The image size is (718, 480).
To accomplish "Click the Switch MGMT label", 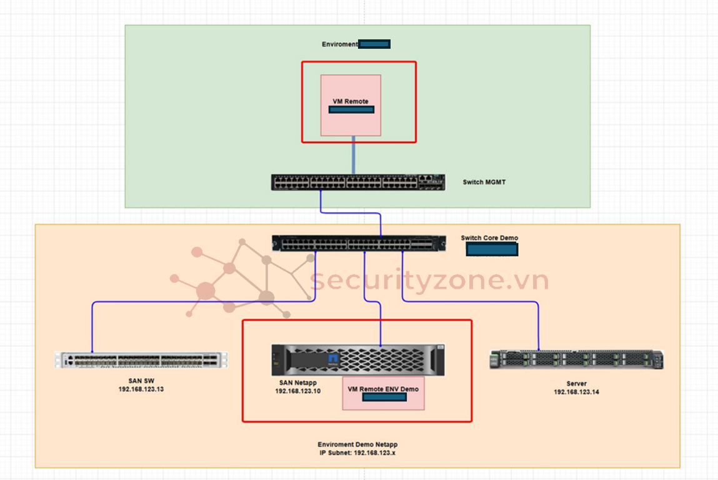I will click(484, 182).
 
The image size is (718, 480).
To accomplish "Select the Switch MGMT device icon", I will click(358, 182).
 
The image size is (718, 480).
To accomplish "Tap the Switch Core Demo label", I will click(489, 238).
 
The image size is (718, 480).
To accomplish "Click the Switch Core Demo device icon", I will click(359, 243).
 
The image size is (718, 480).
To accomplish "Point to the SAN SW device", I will click(141, 360).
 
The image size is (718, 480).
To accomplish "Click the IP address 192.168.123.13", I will click(141, 389).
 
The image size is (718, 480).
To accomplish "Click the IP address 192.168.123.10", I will click(297, 391).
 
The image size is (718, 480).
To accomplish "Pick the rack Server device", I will click(576, 360).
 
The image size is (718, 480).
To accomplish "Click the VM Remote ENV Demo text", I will click(383, 389).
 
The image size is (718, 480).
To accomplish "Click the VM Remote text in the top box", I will click(351, 101).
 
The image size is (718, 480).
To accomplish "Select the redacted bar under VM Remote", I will click(351, 110).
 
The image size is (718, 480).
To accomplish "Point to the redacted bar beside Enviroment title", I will click(375, 44).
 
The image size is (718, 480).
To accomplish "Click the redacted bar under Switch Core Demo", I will click(492, 250).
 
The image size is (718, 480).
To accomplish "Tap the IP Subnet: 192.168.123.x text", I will click(357, 452).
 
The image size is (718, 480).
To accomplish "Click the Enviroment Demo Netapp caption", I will click(357, 444).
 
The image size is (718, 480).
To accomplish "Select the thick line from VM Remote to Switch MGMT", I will click(354, 154).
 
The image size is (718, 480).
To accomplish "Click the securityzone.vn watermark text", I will click(430, 281).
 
